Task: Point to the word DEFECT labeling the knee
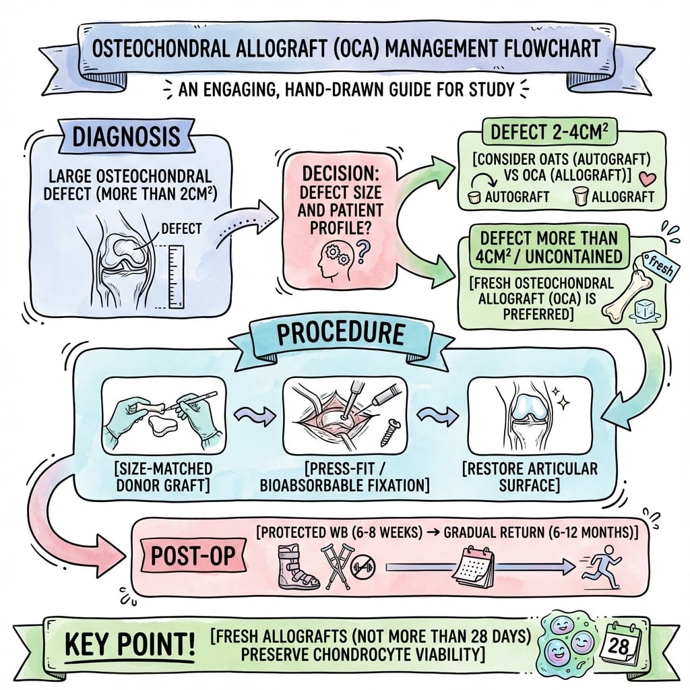pos(181,229)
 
